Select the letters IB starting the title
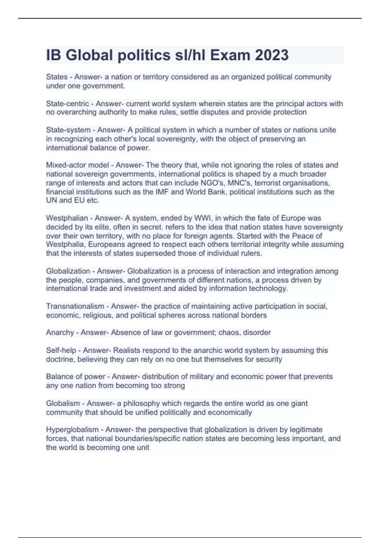pyautogui.click(x=53, y=55)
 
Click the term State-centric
pyautogui.click(x=67, y=104)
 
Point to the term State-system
pyautogui.click(x=68, y=130)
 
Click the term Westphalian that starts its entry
pyautogui.click(x=67, y=218)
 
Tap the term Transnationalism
pyautogui.click(x=75, y=306)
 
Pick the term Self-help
pyautogui.click(x=61, y=350)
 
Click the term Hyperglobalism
pyautogui.click(x=72, y=430)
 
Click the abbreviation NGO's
pyautogui.click(x=212, y=183)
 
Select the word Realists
pyautogui.click(x=127, y=350)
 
